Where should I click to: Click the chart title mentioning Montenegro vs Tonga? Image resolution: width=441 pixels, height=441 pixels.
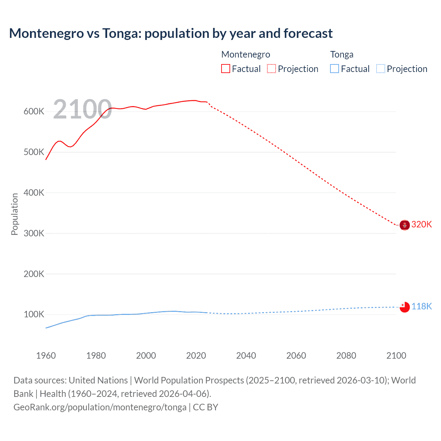[x=171, y=33]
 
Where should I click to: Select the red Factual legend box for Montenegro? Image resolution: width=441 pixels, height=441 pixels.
[x=225, y=69]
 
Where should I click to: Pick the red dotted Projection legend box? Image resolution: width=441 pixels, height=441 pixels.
[x=271, y=69]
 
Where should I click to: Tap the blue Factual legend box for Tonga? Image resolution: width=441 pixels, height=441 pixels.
[x=335, y=69]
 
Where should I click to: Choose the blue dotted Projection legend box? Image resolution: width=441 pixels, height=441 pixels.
[x=381, y=69]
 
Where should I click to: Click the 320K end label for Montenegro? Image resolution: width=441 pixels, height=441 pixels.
[x=421, y=225]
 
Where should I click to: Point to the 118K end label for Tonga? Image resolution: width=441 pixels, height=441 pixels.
[x=421, y=306]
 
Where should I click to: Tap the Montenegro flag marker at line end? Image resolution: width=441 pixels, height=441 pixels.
[x=404, y=225]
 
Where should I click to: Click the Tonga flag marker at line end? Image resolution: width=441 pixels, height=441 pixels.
[x=404, y=307]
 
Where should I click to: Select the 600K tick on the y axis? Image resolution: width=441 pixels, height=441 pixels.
[x=34, y=112]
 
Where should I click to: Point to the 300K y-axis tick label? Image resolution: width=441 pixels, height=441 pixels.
[x=34, y=234]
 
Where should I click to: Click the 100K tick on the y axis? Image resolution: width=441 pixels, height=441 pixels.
[x=34, y=315]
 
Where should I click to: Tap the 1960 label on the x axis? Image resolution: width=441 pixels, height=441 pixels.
[x=46, y=356]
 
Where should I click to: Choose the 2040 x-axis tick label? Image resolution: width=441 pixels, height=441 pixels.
[x=246, y=356]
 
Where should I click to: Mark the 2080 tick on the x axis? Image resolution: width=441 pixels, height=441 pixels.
[x=346, y=356]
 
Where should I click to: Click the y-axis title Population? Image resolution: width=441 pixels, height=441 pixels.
[x=14, y=214]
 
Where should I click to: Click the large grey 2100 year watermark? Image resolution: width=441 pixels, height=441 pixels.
[x=82, y=109]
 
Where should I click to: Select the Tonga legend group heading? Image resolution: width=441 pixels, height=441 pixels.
[x=342, y=54]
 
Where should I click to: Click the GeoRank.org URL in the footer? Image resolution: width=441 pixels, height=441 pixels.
[x=100, y=407]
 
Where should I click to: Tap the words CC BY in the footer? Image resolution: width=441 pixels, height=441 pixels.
[x=205, y=407]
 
